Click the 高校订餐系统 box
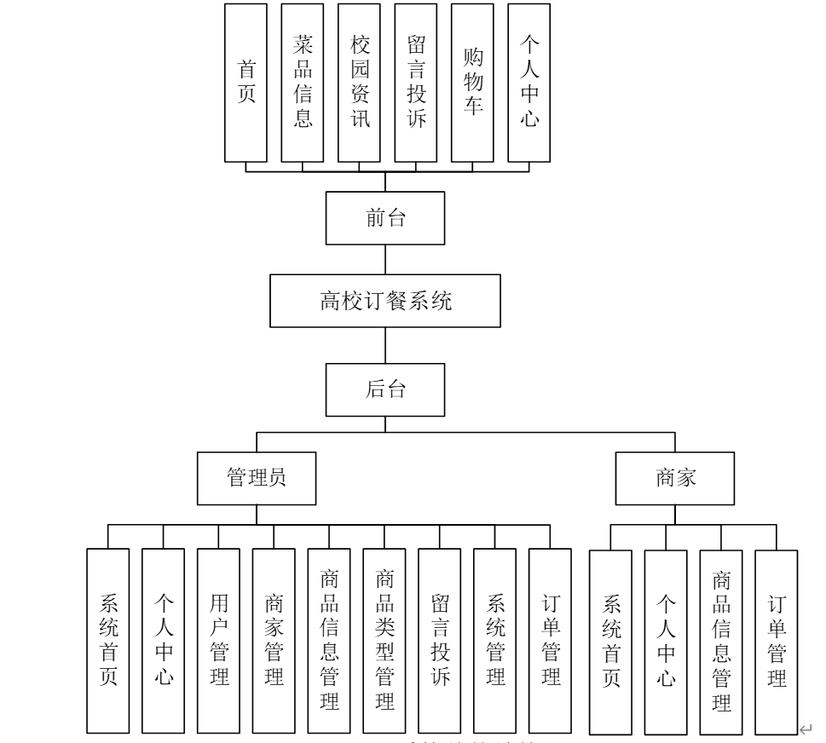385,300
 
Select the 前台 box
385,218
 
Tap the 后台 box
385,390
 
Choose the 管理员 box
256,477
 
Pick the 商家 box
676,477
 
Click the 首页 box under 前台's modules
245,83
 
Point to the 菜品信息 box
303,83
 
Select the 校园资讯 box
359,83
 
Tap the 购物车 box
472,83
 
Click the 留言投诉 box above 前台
416,83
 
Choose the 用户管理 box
218,641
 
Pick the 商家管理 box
274,641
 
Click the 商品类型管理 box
384,641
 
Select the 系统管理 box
495,641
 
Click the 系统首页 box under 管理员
108,641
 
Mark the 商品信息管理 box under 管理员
329,641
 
